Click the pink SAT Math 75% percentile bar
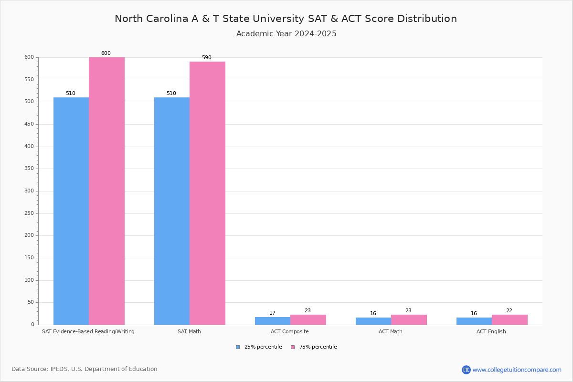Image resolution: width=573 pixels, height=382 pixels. [x=207, y=193]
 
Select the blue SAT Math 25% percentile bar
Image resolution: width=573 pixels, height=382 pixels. [x=172, y=211]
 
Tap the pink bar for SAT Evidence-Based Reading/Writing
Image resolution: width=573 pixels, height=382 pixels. [x=106, y=191]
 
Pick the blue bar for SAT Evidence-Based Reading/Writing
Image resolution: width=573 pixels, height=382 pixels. [x=71, y=211]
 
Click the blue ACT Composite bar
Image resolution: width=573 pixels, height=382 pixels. [x=273, y=321]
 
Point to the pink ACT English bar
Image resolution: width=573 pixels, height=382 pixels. [x=509, y=319]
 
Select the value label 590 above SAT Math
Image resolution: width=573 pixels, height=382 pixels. [x=206, y=58]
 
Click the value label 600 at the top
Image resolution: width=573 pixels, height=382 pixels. [x=106, y=53]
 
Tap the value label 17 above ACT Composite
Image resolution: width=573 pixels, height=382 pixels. [x=272, y=313]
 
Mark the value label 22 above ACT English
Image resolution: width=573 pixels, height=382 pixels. [x=509, y=311]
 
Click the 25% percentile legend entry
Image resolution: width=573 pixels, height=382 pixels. [x=259, y=347]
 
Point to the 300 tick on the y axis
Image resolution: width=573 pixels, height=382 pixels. [x=29, y=191]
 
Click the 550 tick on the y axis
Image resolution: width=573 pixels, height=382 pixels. [x=29, y=80]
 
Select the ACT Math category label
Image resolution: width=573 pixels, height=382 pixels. [x=391, y=331]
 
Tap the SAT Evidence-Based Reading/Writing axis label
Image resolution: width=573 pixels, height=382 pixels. [x=88, y=331]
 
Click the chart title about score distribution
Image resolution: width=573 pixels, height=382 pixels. [x=286, y=19]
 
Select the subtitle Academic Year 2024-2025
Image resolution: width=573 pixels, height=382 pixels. [x=286, y=34]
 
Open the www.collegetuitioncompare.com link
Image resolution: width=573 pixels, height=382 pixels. [x=516, y=370]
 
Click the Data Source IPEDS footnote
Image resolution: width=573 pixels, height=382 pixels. [x=85, y=369]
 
